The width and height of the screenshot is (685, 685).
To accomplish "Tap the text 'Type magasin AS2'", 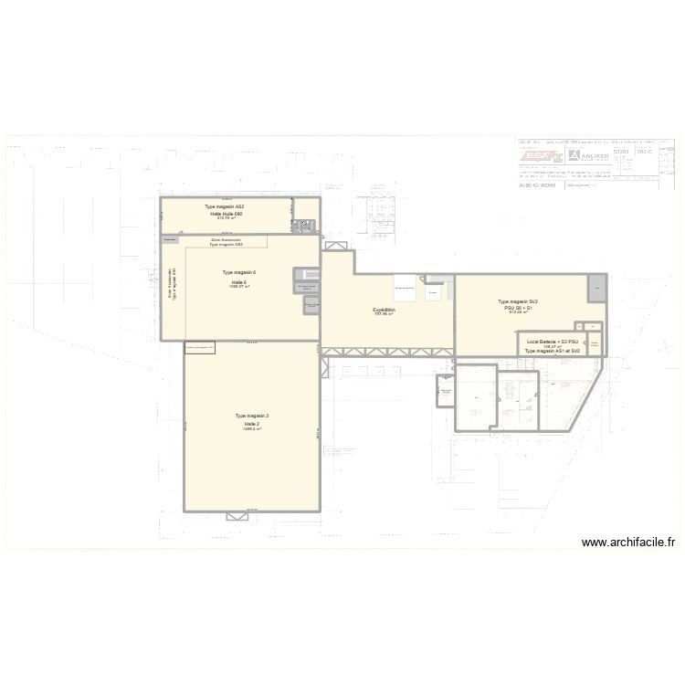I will (x=225, y=206).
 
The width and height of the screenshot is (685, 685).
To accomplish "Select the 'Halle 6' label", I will (x=239, y=282).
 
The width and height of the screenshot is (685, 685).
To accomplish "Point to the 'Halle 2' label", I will (x=252, y=424).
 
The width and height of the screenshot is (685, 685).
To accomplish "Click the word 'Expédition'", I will (x=385, y=310).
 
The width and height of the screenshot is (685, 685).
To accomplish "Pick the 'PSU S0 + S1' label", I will (x=519, y=307).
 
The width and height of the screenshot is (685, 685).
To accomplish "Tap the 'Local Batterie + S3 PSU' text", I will (x=553, y=342).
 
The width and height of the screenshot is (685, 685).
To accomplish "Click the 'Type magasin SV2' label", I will (x=518, y=301).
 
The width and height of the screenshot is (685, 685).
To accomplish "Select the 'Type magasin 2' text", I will (x=252, y=416).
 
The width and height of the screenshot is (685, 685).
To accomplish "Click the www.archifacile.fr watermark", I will (x=629, y=542).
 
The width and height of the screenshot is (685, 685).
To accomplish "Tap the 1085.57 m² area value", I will (x=239, y=288).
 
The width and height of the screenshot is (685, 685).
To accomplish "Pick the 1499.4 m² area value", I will (x=252, y=429).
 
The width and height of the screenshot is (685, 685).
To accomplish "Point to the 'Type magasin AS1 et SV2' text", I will (x=553, y=351).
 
